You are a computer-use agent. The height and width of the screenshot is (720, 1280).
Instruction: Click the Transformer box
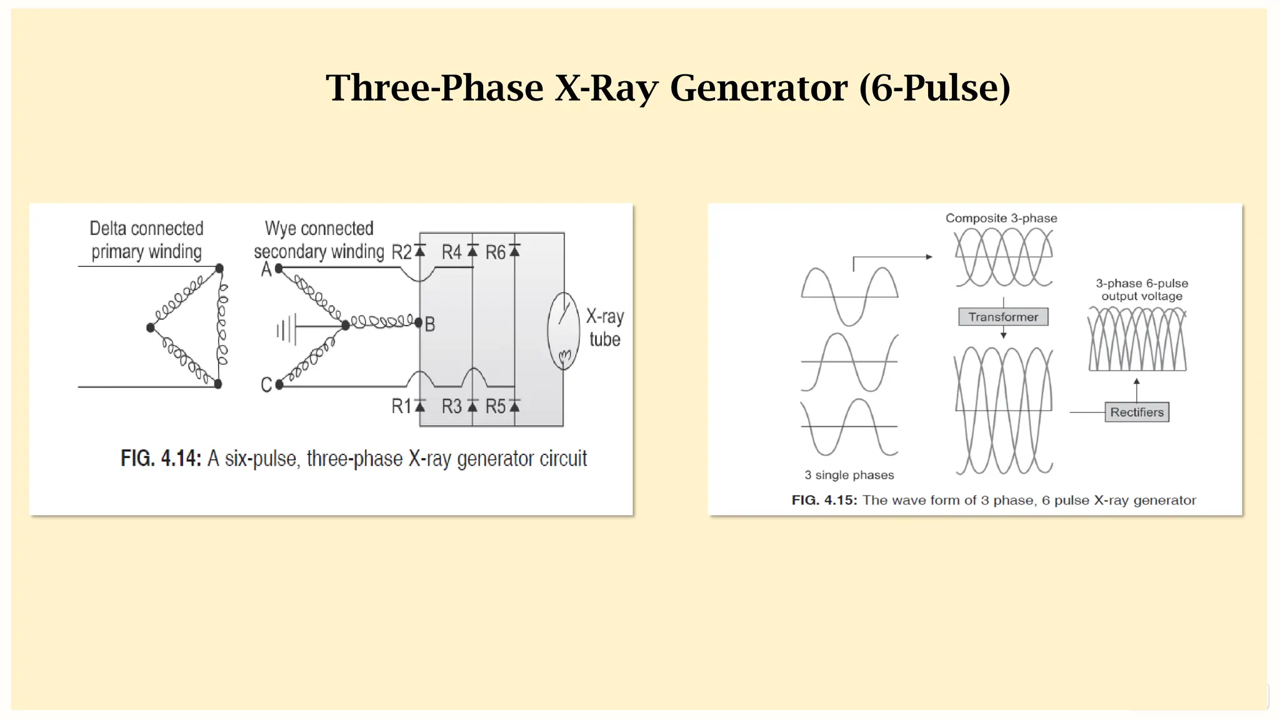click(x=1003, y=317)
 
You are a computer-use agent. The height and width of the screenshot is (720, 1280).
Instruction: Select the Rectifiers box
click(x=1136, y=412)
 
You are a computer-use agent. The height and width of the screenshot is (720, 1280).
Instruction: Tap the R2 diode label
click(x=402, y=252)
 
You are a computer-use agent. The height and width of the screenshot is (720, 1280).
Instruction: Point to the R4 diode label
click(x=451, y=252)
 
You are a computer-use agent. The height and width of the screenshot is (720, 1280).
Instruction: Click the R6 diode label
click(x=495, y=252)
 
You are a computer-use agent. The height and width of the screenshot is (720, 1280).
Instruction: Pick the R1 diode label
click(x=401, y=406)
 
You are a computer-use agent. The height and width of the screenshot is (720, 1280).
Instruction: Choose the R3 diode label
click(x=451, y=406)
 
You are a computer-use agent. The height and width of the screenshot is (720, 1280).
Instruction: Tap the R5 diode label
click(x=495, y=406)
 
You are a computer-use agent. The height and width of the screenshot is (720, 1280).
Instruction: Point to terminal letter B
click(x=430, y=324)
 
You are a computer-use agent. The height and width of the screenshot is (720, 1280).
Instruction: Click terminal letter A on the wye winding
click(x=266, y=269)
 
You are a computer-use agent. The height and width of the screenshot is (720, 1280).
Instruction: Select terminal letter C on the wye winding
click(x=266, y=384)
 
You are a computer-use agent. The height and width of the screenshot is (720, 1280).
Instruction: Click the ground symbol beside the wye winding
click(x=286, y=329)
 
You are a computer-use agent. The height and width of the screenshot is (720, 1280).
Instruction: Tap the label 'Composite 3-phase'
click(x=1001, y=218)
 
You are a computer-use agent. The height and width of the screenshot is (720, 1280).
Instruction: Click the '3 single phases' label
click(x=849, y=475)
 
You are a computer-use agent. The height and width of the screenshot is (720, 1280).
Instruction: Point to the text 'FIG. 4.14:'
click(x=161, y=459)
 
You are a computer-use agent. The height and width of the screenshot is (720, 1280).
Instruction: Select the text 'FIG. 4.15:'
click(x=824, y=500)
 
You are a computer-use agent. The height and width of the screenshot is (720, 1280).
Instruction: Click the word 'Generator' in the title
click(x=759, y=87)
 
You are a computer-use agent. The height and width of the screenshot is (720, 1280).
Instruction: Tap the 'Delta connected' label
click(x=146, y=229)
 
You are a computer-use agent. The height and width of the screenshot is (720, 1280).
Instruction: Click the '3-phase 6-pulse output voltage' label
click(x=1142, y=290)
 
